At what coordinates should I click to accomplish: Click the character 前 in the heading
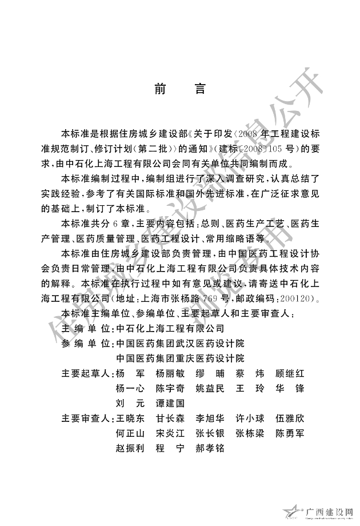tap(161, 90)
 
